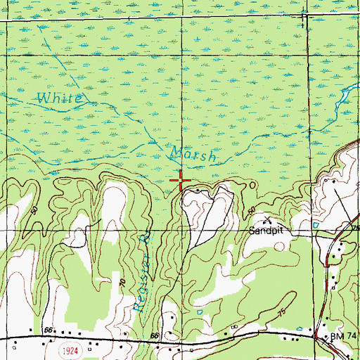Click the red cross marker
(181, 181)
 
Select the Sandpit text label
(268, 230)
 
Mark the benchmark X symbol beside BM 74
(325, 339)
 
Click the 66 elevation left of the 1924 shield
(48, 328)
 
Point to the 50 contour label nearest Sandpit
(251, 210)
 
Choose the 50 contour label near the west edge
(34, 211)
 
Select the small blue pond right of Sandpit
(316, 225)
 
